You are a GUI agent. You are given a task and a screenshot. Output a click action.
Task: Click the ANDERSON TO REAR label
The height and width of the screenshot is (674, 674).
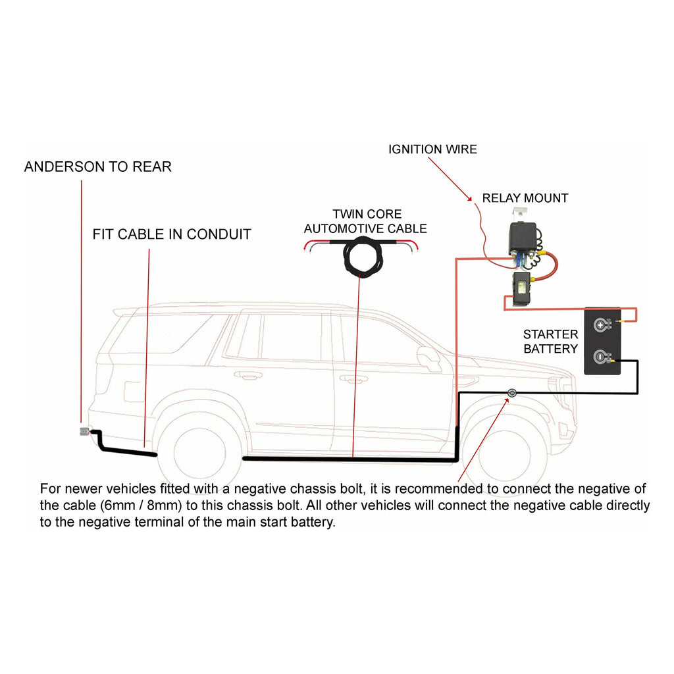coord(97,167)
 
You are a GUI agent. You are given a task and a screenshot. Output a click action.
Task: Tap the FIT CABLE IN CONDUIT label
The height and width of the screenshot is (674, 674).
coord(171,234)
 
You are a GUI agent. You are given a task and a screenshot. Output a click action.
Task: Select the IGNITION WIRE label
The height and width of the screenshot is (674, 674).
coord(432,149)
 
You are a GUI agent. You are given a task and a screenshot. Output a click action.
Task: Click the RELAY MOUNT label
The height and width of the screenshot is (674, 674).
coord(525,198)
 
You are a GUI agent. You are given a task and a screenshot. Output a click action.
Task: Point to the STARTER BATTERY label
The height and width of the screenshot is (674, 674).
coord(550,342)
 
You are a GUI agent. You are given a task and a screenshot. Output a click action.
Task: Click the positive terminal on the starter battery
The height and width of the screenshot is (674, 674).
coord(600,324)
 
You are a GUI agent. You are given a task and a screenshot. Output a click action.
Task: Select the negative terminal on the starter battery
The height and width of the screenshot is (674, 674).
coord(600,357)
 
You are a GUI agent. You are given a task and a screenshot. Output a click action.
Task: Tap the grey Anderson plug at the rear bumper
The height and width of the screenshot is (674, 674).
coord(84,432)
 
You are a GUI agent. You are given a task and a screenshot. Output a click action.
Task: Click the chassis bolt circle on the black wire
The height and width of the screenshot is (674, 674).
coord(511,394)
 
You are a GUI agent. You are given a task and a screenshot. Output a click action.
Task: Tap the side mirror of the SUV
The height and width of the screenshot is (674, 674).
coord(428,355)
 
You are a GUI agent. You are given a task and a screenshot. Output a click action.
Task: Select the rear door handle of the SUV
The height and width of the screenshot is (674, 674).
coord(249,376)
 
